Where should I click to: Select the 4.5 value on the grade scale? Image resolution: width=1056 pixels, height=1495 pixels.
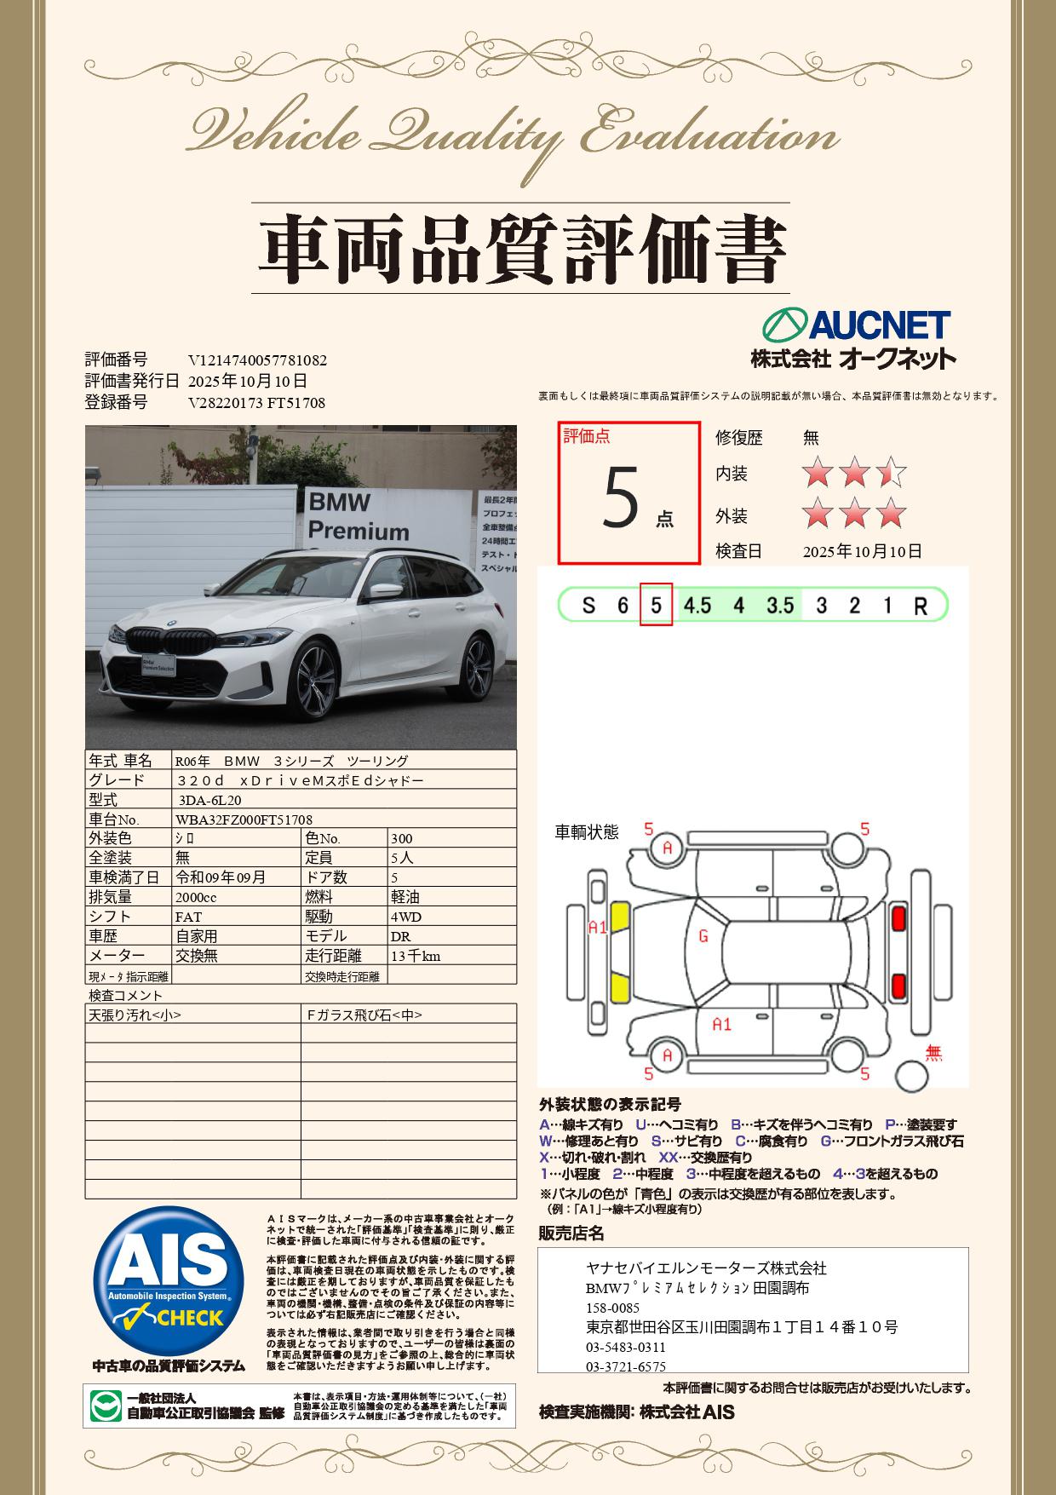pyautogui.click(x=697, y=605)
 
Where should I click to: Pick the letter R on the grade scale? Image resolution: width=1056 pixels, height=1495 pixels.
pyautogui.click(x=920, y=607)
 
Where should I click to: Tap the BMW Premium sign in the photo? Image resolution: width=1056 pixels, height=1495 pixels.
pyautogui.click(x=358, y=516)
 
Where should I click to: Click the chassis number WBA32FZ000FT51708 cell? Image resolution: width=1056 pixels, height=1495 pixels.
pyautogui.click(x=244, y=819)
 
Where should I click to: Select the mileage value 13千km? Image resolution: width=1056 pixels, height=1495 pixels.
pyautogui.click(x=416, y=956)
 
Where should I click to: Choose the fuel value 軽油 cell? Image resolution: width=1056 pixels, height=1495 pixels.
pyautogui.click(x=405, y=897)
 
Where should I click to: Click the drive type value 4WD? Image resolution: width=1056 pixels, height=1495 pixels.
pyautogui.click(x=406, y=917)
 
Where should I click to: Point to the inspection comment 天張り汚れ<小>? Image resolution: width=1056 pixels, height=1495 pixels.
pyautogui.click(x=135, y=1015)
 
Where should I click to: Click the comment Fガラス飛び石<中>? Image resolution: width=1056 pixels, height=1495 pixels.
pyautogui.click(x=364, y=1015)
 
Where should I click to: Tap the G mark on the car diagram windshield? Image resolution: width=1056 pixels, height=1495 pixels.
pyautogui.click(x=703, y=937)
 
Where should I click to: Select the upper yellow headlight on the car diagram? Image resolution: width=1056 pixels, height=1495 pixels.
pyautogui.click(x=620, y=917)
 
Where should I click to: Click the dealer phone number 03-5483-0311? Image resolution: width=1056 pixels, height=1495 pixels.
pyautogui.click(x=626, y=1348)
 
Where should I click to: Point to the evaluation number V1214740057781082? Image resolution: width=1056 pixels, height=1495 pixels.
pyautogui.click(x=257, y=360)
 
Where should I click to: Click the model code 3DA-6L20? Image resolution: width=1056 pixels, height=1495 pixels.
pyautogui.click(x=210, y=800)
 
